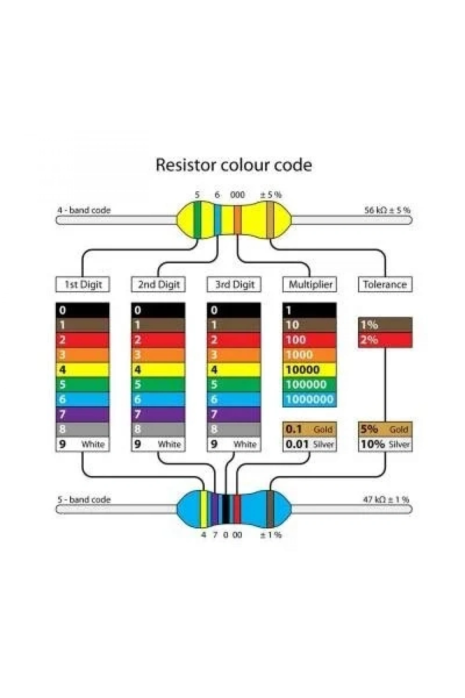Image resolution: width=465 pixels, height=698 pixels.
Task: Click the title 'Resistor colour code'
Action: [x=233, y=165]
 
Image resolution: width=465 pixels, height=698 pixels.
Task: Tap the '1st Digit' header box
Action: [x=83, y=284]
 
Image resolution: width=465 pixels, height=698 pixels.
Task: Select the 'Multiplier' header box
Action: [x=310, y=284]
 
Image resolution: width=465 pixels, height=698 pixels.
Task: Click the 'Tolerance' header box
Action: [x=385, y=284]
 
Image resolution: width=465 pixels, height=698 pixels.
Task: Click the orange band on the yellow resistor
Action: [x=238, y=220]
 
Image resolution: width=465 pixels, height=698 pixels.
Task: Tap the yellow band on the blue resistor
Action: [x=204, y=509]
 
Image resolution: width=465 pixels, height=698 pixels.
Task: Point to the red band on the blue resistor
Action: [x=237, y=509]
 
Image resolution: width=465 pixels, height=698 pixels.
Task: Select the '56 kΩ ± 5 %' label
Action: [x=387, y=210]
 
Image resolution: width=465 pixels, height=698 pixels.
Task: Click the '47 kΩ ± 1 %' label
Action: [x=386, y=499]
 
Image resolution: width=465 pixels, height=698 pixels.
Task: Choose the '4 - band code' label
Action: [x=84, y=210]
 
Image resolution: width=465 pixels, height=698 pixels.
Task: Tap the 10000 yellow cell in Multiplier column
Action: [x=310, y=369]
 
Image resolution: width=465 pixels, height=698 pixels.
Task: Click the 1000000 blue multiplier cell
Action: [x=310, y=399]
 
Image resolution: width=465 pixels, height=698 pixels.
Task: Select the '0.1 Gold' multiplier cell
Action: [x=310, y=429]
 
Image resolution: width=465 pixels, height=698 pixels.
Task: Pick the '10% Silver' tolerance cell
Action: [x=385, y=444]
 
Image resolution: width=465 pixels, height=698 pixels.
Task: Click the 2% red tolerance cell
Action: [x=385, y=340]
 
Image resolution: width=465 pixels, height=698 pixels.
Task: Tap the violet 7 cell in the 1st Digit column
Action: [x=83, y=415]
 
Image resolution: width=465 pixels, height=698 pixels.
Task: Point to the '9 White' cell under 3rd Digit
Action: [x=234, y=444]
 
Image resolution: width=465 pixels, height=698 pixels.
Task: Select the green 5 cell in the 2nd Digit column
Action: [x=158, y=384]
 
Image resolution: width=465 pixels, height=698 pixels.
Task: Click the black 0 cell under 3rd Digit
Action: [x=234, y=310]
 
